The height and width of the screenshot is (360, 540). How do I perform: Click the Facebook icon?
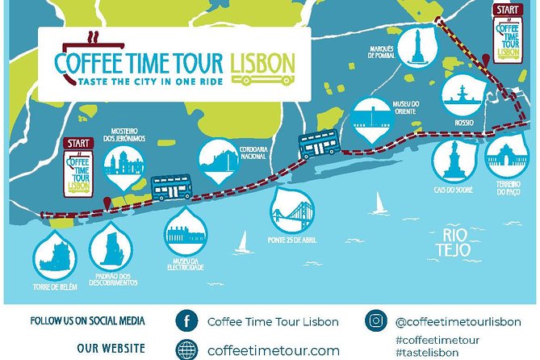pos(186,320)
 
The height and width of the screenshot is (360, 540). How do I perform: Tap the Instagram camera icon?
pos(376,320)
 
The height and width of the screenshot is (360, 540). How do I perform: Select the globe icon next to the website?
pos(186,350)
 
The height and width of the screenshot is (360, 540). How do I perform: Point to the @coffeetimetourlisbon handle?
pos(457,320)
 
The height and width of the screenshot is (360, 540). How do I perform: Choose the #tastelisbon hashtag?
pos(427,353)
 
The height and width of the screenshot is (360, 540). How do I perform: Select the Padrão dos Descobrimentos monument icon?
pos(109,246)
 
